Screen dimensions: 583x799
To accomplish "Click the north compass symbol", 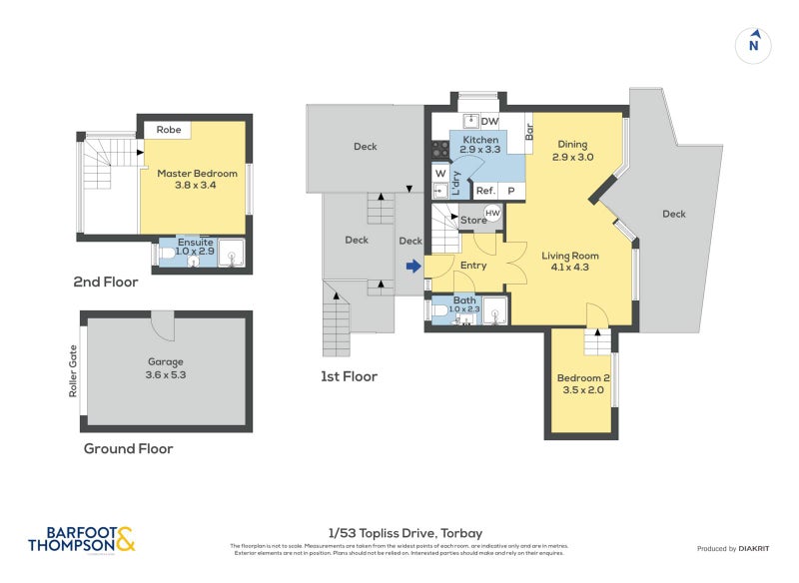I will [x=754, y=44].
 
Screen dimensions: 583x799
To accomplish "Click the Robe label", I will [x=169, y=130].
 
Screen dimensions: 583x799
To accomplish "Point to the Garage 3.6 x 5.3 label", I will [x=165, y=368].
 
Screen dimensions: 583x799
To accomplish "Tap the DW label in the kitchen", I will [x=489, y=122].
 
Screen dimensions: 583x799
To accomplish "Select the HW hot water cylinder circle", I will [x=492, y=213].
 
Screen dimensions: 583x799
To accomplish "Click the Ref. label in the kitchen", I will [x=485, y=190].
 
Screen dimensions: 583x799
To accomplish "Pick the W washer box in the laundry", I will [x=439, y=172].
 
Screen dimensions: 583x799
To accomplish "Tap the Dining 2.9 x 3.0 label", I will [x=572, y=151].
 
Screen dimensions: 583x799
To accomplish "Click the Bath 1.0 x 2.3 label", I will [x=465, y=304].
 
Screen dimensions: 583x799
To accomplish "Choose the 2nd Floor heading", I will [x=106, y=283].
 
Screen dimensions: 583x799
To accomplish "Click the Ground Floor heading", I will [x=128, y=449].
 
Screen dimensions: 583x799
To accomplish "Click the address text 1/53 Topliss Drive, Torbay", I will [x=404, y=533].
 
